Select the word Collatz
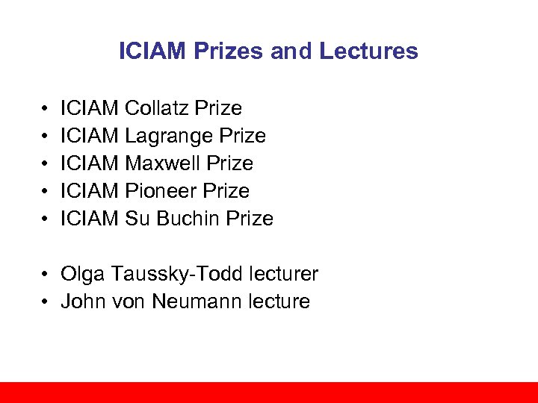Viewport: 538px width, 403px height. point(157,108)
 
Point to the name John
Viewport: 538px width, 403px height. point(81,302)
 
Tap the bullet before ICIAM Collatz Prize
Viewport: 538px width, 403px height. point(46,109)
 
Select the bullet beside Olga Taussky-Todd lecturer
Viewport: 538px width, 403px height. point(46,275)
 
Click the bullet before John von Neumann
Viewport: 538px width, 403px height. point(46,302)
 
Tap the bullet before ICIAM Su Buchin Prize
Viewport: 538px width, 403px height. point(46,219)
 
